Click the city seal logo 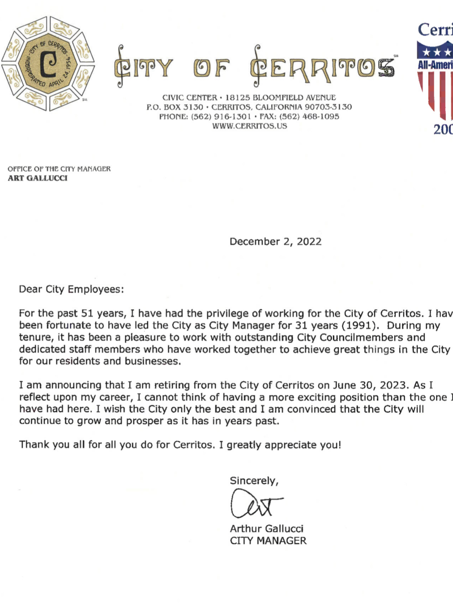pyautogui.click(x=48, y=63)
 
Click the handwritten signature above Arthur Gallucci pyautogui.click(x=255, y=504)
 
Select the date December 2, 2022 pyautogui.click(x=275, y=242)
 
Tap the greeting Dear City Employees pyautogui.click(x=71, y=289)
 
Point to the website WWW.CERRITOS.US pyautogui.click(x=249, y=126)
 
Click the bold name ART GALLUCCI pyautogui.click(x=38, y=178)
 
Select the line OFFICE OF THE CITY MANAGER pyautogui.click(x=59, y=169)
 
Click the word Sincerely pyautogui.click(x=254, y=481)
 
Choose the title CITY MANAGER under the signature pyautogui.click(x=268, y=541)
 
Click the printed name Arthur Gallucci pyautogui.click(x=266, y=529)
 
